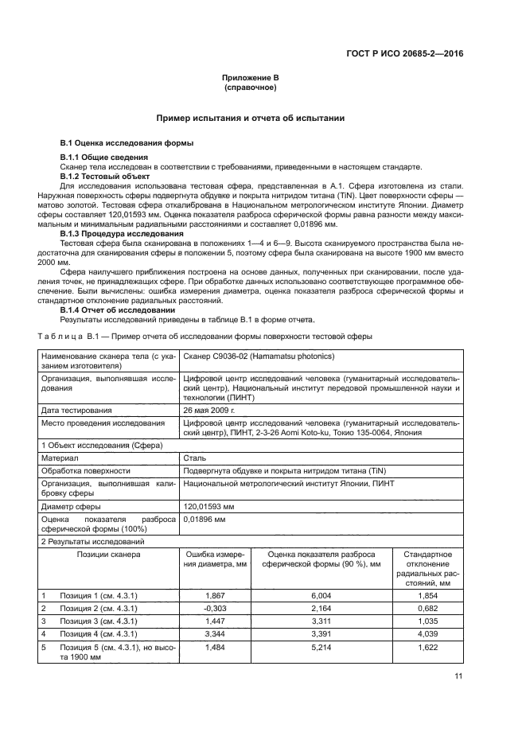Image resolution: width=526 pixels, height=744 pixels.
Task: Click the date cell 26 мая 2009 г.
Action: pos(209,409)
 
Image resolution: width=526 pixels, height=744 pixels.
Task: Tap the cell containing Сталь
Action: pos(195,458)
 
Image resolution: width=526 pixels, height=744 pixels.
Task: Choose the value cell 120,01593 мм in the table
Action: pos(210,505)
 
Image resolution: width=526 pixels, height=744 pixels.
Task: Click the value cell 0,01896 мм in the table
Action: pos(205,519)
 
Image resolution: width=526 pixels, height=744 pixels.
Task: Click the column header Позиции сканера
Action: pos(109,554)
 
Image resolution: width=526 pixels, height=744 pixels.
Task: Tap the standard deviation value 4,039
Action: pos(428,634)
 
